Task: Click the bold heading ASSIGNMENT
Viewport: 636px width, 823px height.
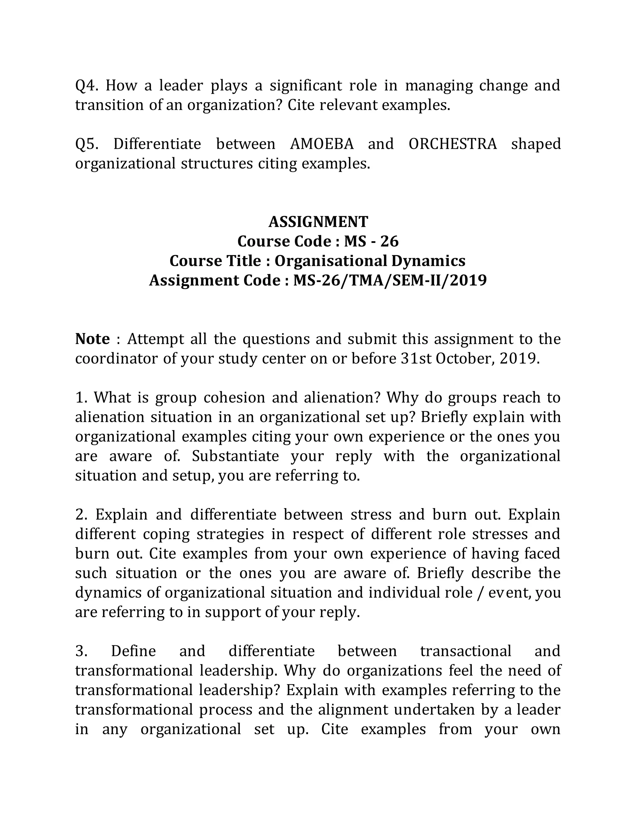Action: pos(318,222)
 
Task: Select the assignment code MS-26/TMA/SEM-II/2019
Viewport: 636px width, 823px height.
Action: pos(390,281)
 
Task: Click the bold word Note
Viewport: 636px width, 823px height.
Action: pos(92,339)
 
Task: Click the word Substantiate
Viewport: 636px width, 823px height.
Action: pos(235,456)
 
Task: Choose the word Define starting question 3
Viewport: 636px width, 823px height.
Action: pos(133,652)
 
